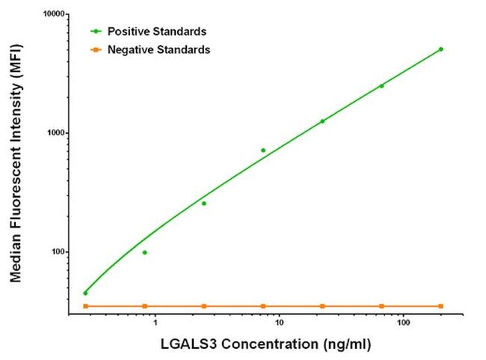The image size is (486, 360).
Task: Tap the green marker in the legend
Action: (x=95, y=31)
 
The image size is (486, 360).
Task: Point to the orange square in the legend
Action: (x=95, y=49)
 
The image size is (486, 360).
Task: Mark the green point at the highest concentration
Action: (x=441, y=49)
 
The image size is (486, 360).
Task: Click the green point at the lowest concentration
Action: (x=85, y=293)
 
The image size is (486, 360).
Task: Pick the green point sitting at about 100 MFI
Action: (x=144, y=252)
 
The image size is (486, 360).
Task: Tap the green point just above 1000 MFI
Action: (x=322, y=121)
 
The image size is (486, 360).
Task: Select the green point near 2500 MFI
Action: (x=381, y=86)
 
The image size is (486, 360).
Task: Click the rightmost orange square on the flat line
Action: (x=441, y=306)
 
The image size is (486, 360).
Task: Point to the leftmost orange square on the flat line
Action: (x=85, y=306)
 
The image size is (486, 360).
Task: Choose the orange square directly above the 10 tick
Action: (x=263, y=306)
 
